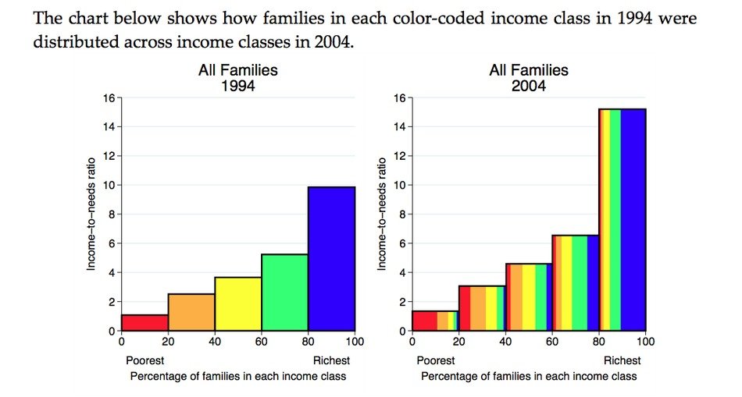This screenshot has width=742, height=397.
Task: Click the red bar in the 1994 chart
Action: [x=144, y=322]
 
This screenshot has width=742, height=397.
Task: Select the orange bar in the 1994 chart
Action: [x=191, y=312]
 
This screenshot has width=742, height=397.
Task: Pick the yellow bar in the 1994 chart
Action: [x=238, y=303]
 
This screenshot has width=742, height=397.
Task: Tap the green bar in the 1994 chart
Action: [x=285, y=292]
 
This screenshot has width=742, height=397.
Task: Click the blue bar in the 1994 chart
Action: [x=332, y=258]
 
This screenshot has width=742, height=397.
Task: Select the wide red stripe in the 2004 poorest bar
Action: [x=424, y=321]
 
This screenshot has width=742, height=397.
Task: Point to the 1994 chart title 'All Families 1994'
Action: [x=238, y=78]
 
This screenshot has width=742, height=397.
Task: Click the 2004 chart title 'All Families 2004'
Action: [x=529, y=78]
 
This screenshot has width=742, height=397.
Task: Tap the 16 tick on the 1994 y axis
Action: [x=109, y=97]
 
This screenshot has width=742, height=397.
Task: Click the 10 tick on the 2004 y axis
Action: [x=399, y=185]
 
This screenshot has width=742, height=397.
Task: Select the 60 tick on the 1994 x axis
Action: [x=262, y=341]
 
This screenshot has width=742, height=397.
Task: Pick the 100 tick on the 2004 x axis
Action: [x=646, y=341]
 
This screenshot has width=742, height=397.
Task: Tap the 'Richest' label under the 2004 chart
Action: [x=622, y=360]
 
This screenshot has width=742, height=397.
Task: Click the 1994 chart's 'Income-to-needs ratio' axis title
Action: [x=91, y=214]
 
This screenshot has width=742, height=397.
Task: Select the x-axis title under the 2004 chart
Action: [x=529, y=376]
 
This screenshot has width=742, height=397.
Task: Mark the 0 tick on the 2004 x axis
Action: [x=412, y=341]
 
